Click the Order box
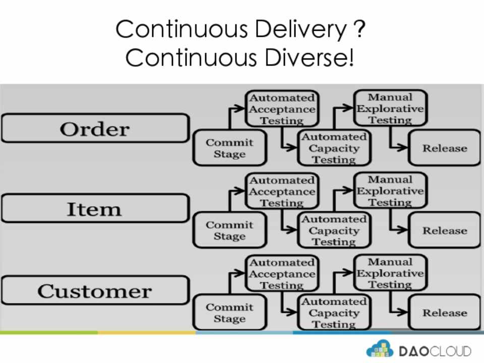click(95, 129)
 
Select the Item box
click(95, 209)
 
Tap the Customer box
click(95, 291)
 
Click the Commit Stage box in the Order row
click(229, 148)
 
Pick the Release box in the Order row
click(444, 148)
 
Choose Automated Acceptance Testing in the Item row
click(282, 192)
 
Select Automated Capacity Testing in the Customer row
click(334, 313)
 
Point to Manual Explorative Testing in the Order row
click(390, 108)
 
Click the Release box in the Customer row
click(444, 313)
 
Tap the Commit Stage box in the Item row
click(229, 230)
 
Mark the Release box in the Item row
click(444, 230)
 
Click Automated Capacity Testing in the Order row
click(334, 148)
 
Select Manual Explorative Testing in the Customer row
click(390, 273)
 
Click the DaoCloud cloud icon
click(380, 349)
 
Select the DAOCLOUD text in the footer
click(435, 351)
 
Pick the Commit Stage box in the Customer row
click(229, 313)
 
